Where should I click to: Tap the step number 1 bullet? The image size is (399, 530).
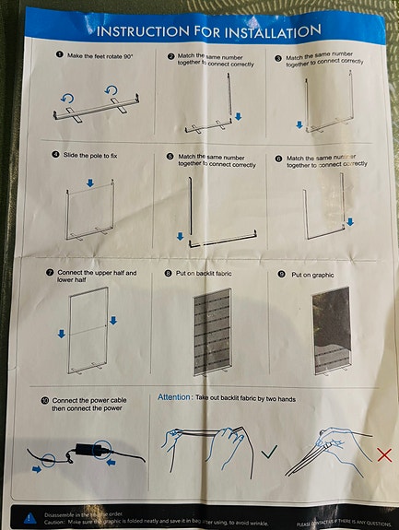[x=60, y=54]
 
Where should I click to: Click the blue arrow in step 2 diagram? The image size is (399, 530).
[x=238, y=117]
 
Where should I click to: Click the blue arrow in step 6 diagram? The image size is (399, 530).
[x=350, y=221]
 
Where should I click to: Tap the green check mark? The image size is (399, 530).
[x=269, y=451]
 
